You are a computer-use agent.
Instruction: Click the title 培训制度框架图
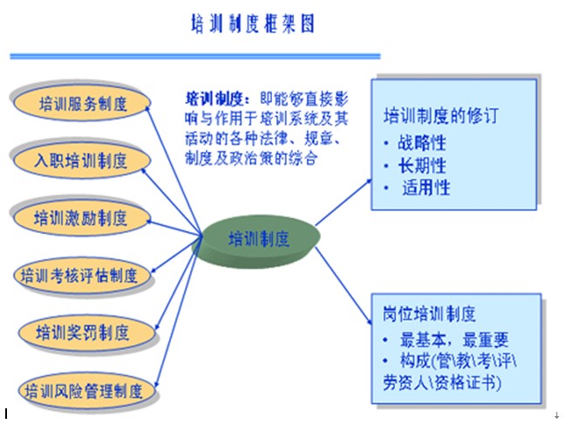click(252, 24)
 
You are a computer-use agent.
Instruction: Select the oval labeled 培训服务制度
click(83, 105)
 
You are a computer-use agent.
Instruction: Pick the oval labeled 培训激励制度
click(80, 217)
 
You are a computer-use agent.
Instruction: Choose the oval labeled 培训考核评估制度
click(80, 276)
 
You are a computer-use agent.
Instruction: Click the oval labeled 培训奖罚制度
click(83, 332)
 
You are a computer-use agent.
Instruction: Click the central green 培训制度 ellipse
click(258, 239)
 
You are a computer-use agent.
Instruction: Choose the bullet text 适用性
click(426, 187)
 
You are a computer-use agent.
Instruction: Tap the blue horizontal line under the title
click(195, 57)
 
